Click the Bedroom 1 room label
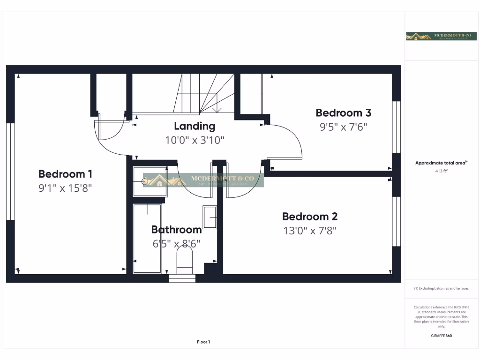[x=65, y=174]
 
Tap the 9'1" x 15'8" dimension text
[x=65, y=188]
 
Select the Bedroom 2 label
[x=309, y=217]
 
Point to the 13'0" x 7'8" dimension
[x=309, y=231]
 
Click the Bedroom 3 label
[x=343, y=112]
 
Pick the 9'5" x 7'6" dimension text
[x=343, y=127]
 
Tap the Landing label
[x=195, y=126]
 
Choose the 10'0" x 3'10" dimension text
[x=195, y=140]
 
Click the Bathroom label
[x=176, y=230]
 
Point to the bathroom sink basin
[x=210, y=217]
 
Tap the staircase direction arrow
[x=217, y=110]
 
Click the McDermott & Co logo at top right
[x=435, y=37]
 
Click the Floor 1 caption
[x=203, y=342]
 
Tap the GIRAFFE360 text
[x=441, y=336]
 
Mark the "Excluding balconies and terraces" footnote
[x=441, y=288]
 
